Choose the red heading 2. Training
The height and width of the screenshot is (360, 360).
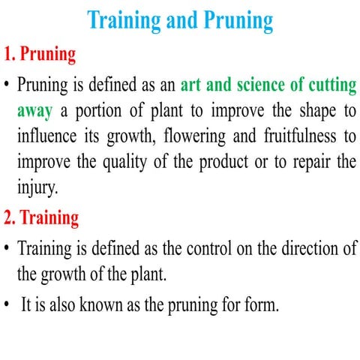tap(40, 218)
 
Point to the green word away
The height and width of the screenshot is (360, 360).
tap(34, 111)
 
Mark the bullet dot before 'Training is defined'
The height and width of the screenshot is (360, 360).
tap(7, 247)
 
